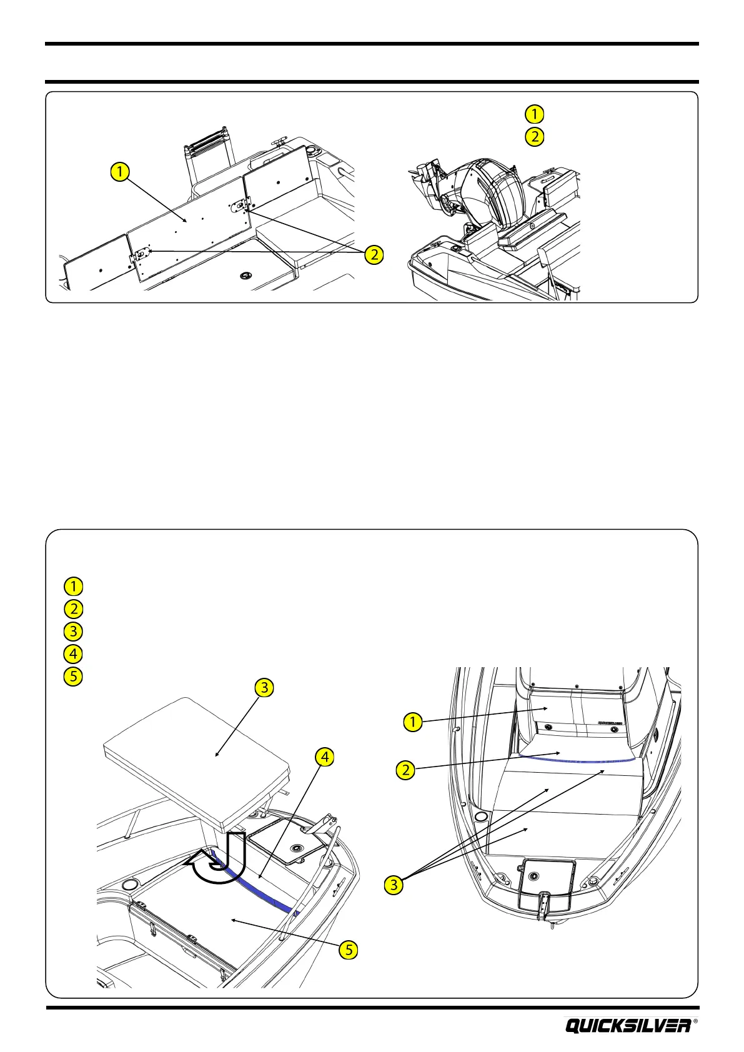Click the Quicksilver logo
pyautogui.click(x=628, y=1025)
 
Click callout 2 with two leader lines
pyautogui.click(x=374, y=254)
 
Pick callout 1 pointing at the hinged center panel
pyautogui.click(x=120, y=171)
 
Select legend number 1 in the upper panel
pyautogui.click(x=534, y=114)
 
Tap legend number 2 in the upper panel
pyautogui.click(x=534, y=136)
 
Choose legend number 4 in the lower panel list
pyautogui.click(x=73, y=653)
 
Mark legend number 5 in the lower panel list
pyautogui.click(x=73, y=676)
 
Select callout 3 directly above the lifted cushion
pyautogui.click(x=265, y=688)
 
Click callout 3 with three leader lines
pyautogui.click(x=394, y=884)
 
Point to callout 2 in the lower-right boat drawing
pyautogui.click(x=406, y=770)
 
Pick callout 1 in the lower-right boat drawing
pyautogui.click(x=412, y=722)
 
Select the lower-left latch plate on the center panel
pyautogui.click(x=143, y=256)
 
